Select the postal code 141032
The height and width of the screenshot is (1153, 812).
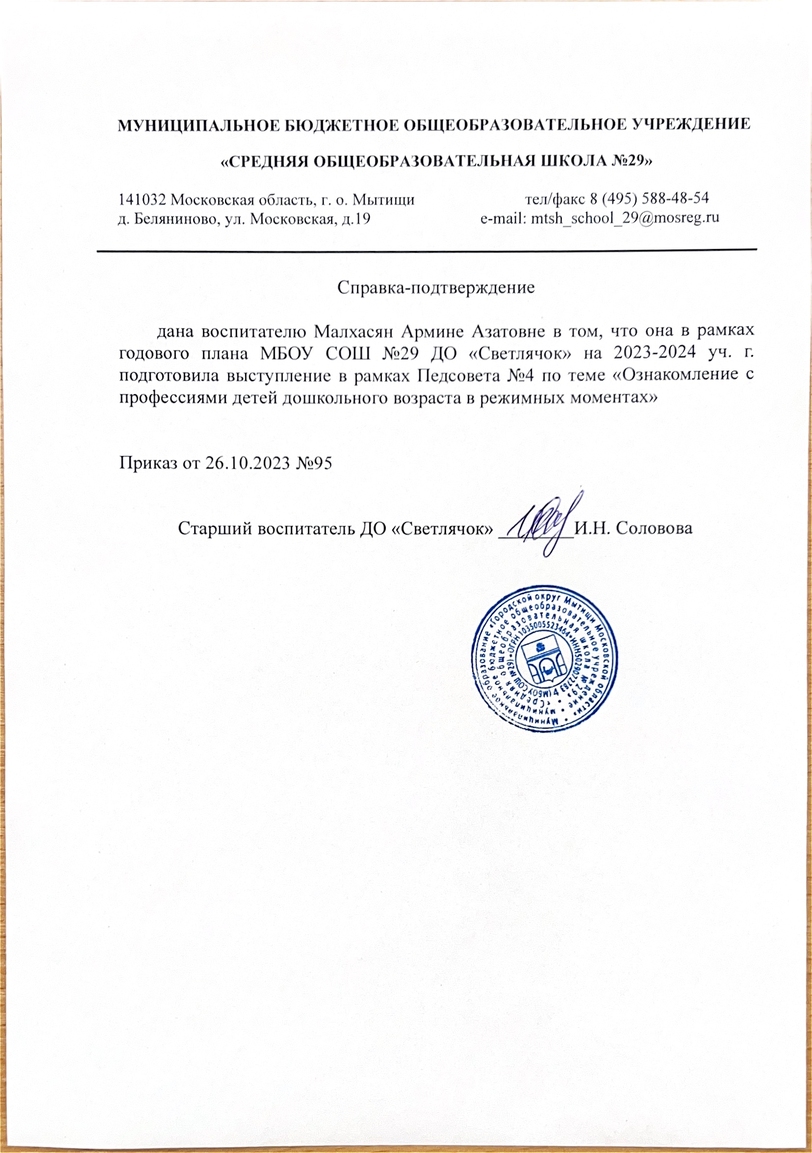(x=143, y=200)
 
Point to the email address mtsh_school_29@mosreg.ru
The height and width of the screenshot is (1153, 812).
(x=625, y=218)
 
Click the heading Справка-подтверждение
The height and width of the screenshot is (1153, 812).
(x=436, y=288)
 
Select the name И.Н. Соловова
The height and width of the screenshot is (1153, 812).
(x=633, y=529)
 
